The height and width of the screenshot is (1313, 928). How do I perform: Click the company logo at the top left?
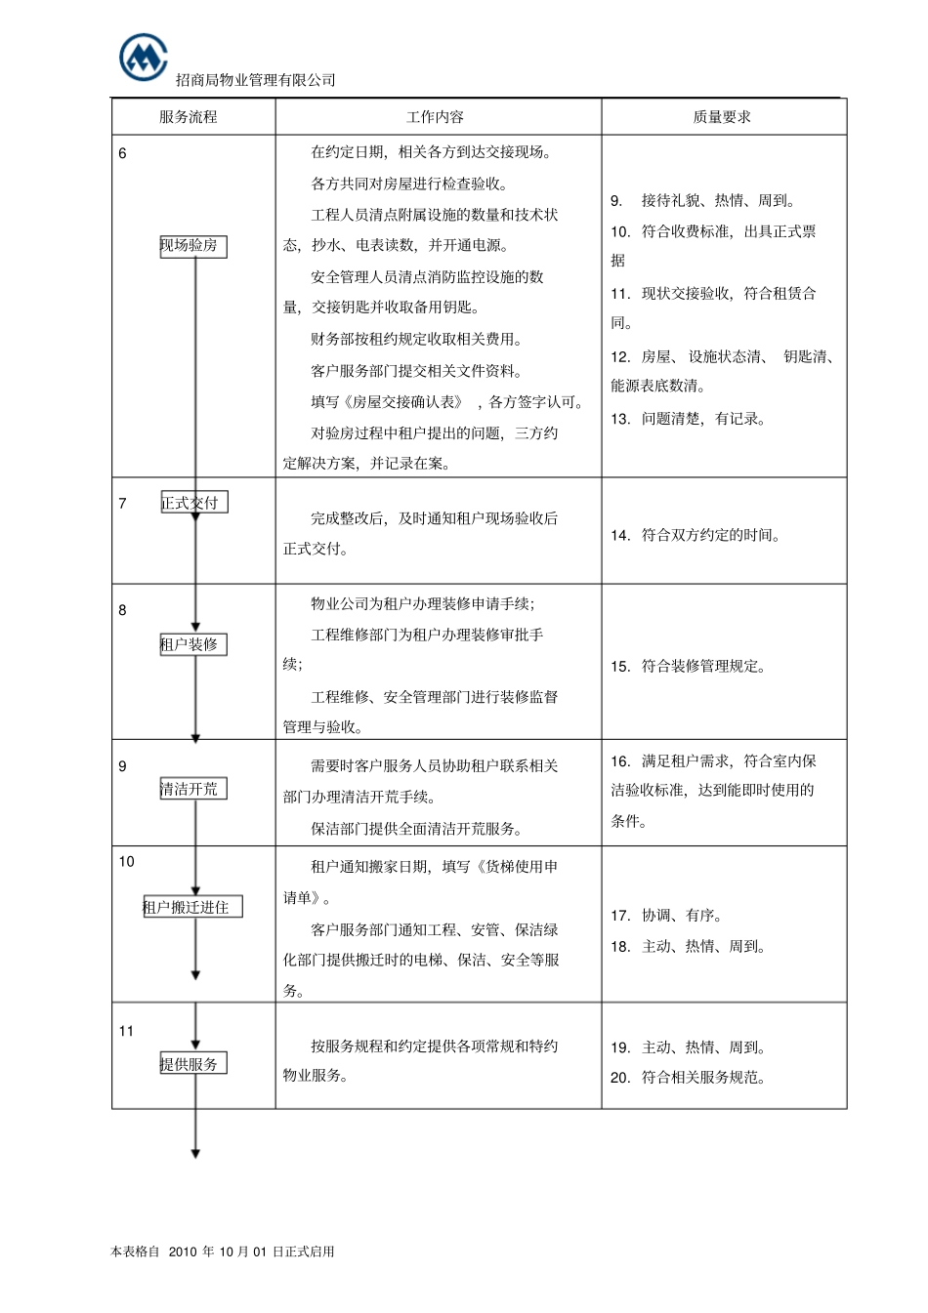(143, 57)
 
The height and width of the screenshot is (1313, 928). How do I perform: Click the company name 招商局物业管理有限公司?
(255, 80)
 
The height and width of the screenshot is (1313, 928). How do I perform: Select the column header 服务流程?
(189, 117)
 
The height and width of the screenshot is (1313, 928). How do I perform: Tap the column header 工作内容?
(435, 117)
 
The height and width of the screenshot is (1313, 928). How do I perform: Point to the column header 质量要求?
(722, 117)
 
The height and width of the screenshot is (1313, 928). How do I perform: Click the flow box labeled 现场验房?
(192, 246)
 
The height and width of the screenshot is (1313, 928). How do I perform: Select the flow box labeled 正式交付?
(193, 504)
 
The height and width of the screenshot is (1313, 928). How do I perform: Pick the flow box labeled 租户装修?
(192, 644)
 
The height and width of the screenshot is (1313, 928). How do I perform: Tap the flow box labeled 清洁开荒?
(192, 789)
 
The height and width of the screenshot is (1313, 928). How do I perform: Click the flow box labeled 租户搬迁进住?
(191, 907)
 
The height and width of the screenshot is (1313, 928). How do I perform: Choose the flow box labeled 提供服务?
(192, 1064)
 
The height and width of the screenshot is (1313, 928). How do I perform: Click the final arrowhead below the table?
(195, 1154)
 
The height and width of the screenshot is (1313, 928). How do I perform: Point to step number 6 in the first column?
(122, 153)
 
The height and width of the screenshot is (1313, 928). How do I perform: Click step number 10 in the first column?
(127, 861)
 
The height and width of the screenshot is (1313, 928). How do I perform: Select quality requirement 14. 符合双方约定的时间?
(696, 535)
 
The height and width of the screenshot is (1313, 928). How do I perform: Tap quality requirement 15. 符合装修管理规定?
(689, 667)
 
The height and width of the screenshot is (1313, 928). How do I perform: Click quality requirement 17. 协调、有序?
(666, 916)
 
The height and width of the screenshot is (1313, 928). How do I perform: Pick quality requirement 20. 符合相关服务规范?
(689, 1078)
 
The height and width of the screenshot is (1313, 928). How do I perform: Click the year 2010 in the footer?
(183, 1251)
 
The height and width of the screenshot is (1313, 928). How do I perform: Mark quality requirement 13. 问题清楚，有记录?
(689, 419)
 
